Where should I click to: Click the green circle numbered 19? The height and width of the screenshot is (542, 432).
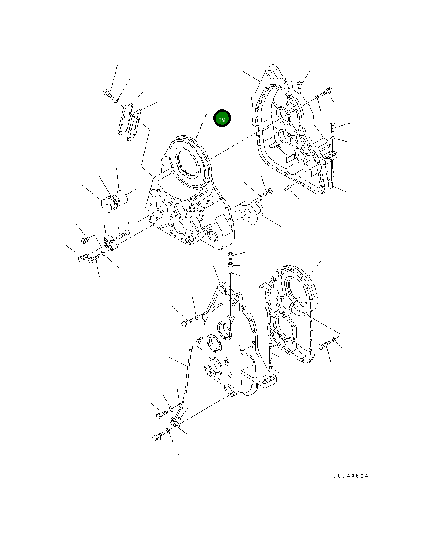click(x=222, y=119)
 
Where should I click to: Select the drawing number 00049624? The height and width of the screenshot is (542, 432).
click(x=351, y=476)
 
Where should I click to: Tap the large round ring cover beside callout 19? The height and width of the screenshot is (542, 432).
click(x=189, y=163)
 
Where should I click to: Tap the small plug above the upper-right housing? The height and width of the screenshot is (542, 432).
click(x=301, y=85)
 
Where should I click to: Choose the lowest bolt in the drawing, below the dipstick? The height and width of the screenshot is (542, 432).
click(x=158, y=437)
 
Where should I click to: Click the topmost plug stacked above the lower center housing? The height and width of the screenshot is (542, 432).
click(x=231, y=256)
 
